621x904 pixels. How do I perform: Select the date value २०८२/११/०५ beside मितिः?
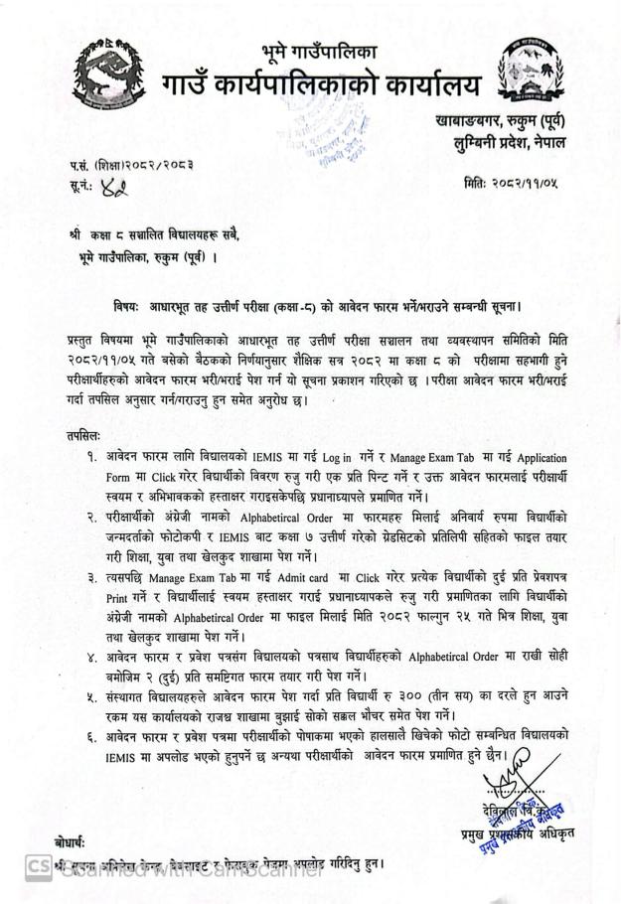(550, 185)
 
